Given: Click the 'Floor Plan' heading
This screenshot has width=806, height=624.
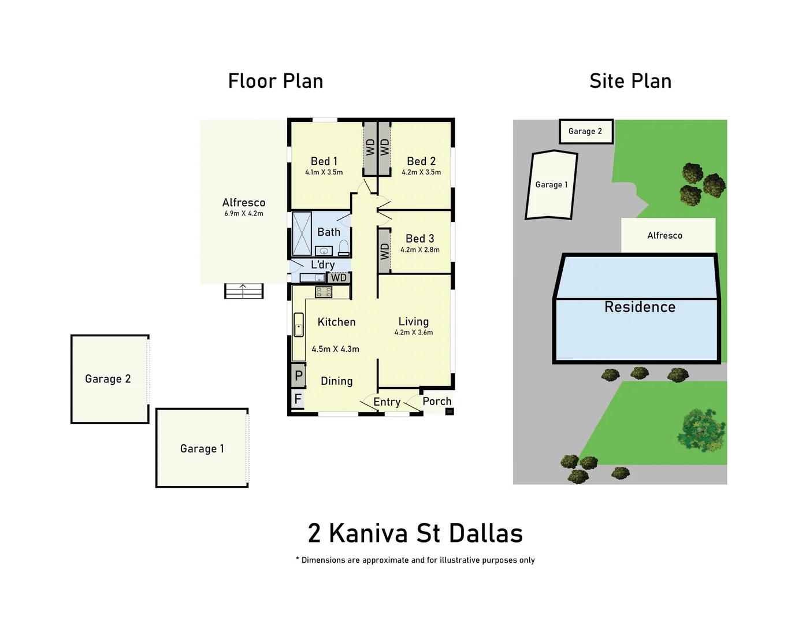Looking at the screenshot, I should [276, 81].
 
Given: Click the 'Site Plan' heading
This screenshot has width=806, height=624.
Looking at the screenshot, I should [630, 81].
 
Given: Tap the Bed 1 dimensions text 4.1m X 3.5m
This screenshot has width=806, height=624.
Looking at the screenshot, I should [324, 172].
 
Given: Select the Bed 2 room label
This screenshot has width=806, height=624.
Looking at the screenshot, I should [421, 161].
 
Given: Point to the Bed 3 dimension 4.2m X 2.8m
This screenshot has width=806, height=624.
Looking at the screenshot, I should [420, 250].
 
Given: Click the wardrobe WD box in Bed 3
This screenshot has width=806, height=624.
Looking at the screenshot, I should [384, 251].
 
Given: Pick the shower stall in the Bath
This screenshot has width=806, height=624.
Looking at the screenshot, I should [302, 233].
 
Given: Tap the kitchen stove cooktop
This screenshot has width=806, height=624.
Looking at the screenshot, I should [324, 292].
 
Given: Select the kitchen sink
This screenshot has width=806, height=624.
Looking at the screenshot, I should [299, 325].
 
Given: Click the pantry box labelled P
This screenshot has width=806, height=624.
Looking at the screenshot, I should [298, 376].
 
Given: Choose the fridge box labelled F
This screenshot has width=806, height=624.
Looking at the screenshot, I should [298, 399].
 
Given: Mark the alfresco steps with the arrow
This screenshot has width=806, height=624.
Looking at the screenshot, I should [244, 291].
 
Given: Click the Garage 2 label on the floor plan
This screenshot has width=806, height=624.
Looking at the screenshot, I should [108, 379].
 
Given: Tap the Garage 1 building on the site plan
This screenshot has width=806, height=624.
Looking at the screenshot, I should [551, 185].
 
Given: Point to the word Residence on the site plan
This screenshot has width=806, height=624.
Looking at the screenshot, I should [640, 307].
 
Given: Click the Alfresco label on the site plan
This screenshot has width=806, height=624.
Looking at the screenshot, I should [664, 236].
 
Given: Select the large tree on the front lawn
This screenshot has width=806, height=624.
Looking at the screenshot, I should [701, 430].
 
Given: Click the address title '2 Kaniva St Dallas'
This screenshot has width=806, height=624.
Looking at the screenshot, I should [415, 533].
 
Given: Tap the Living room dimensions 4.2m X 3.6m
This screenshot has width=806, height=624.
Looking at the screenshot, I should [414, 333].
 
